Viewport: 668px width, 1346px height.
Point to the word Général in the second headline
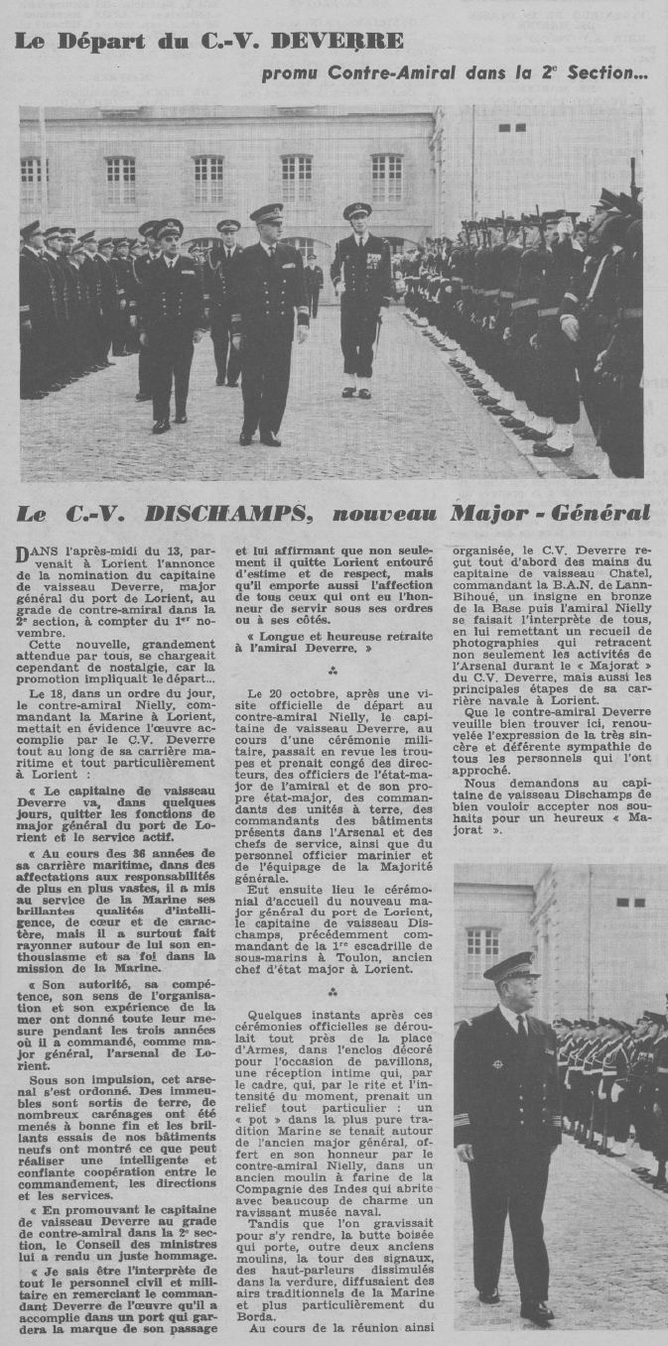(597, 514)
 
